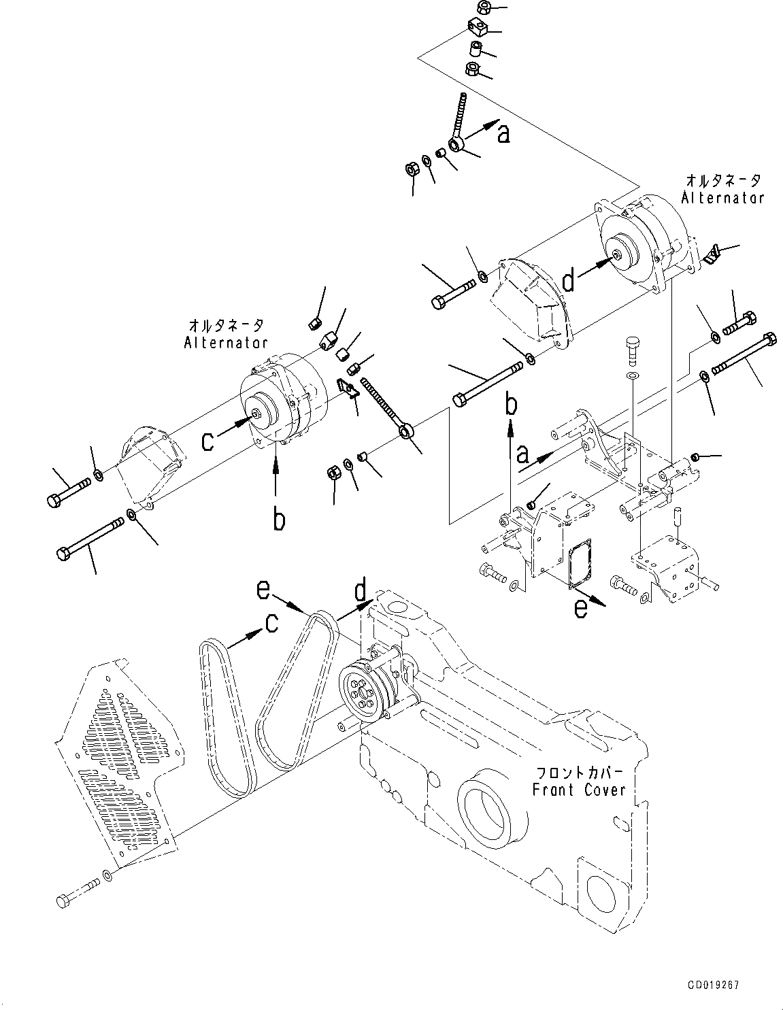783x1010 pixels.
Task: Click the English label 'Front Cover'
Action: (x=578, y=790)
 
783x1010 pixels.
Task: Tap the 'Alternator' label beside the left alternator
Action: (x=227, y=342)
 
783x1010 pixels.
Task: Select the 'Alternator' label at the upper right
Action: (x=723, y=197)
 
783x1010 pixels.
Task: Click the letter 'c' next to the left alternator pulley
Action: (x=210, y=441)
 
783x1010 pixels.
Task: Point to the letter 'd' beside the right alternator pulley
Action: (x=567, y=280)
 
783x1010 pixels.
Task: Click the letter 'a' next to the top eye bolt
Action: (x=503, y=134)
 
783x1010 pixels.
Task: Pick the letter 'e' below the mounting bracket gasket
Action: (x=580, y=609)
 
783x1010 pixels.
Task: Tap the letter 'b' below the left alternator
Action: (x=278, y=520)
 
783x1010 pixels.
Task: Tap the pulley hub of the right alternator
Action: (x=616, y=255)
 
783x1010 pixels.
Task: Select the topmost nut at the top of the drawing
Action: (x=484, y=8)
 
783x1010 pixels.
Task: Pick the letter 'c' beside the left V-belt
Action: (x=271, y=622)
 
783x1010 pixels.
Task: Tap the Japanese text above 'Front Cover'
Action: (x=580, y=774)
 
